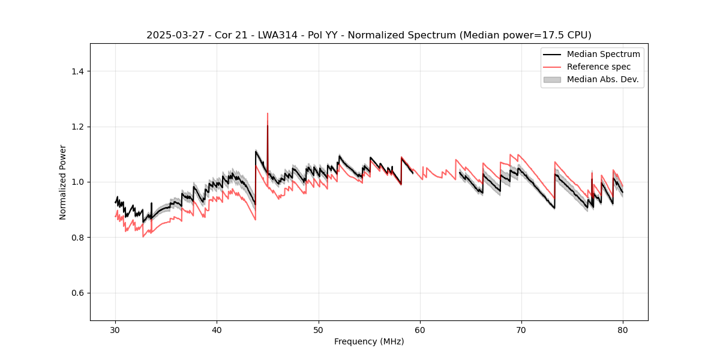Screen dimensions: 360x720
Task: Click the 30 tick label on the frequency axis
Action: (x=116, y=330)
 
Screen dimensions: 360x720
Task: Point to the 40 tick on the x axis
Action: (x=217, y=330)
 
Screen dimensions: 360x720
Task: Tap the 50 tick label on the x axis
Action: (x=319, y=330)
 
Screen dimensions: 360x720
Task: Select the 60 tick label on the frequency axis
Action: (x=420, y=330)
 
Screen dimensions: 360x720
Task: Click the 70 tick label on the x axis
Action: (x=521, y=330)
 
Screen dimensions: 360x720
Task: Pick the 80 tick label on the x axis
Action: (x=623, y=330)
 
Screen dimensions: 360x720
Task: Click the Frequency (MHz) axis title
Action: (x=369, y=341)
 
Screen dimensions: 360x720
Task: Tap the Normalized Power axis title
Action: (x=63, y=182)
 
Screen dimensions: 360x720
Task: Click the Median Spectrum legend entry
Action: (x=603, y=54)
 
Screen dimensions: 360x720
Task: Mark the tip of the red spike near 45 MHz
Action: (x=268, y=113)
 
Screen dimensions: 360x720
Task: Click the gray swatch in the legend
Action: (x=552, y=79)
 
